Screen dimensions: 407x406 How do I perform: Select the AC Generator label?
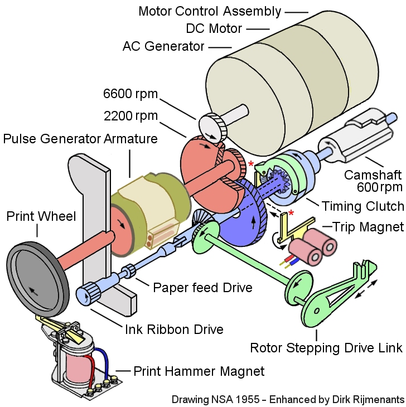[163, 46]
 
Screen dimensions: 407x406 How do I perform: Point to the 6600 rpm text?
[130, 94]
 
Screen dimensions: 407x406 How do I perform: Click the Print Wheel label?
[41, 216]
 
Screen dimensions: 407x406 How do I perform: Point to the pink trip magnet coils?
[312, 245]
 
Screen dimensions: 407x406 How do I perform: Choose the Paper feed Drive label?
[202, 288]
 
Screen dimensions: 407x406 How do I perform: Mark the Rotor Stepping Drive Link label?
[326, 348]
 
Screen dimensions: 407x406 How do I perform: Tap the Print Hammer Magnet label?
[199, 371]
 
